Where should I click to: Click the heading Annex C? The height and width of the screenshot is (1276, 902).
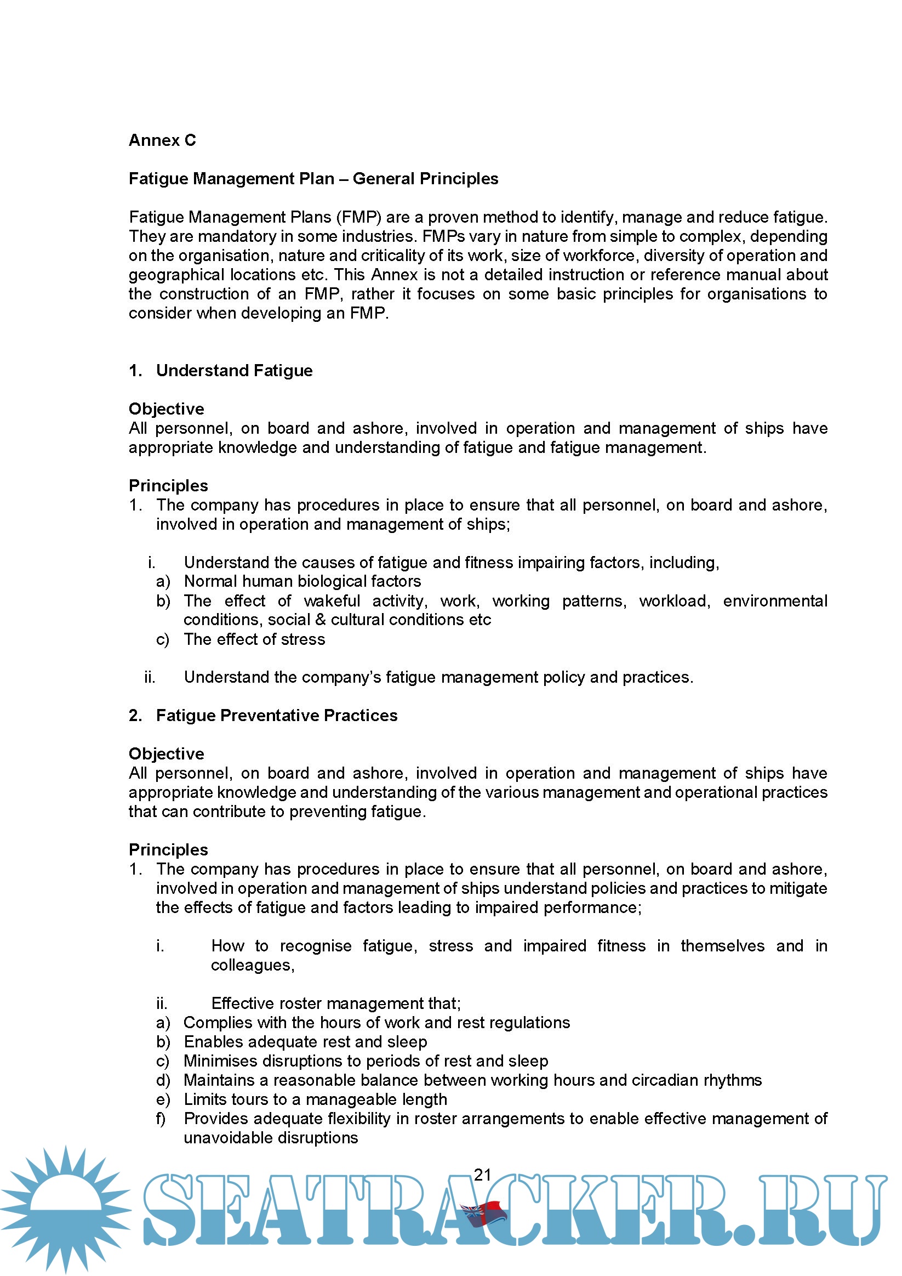coord(162,140)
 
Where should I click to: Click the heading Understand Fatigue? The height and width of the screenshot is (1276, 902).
coord(234,371)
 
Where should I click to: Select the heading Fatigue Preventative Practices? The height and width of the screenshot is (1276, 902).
coord(277,715)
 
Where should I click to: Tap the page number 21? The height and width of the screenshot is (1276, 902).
coord(482,1175)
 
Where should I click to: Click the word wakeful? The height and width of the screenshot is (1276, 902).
coord(332,601)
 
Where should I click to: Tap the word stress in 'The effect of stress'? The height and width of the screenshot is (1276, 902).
coord(302,639)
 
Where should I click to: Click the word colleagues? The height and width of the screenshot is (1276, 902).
coord(252,965)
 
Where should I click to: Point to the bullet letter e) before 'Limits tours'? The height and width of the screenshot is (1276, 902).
coord(163,1099)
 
